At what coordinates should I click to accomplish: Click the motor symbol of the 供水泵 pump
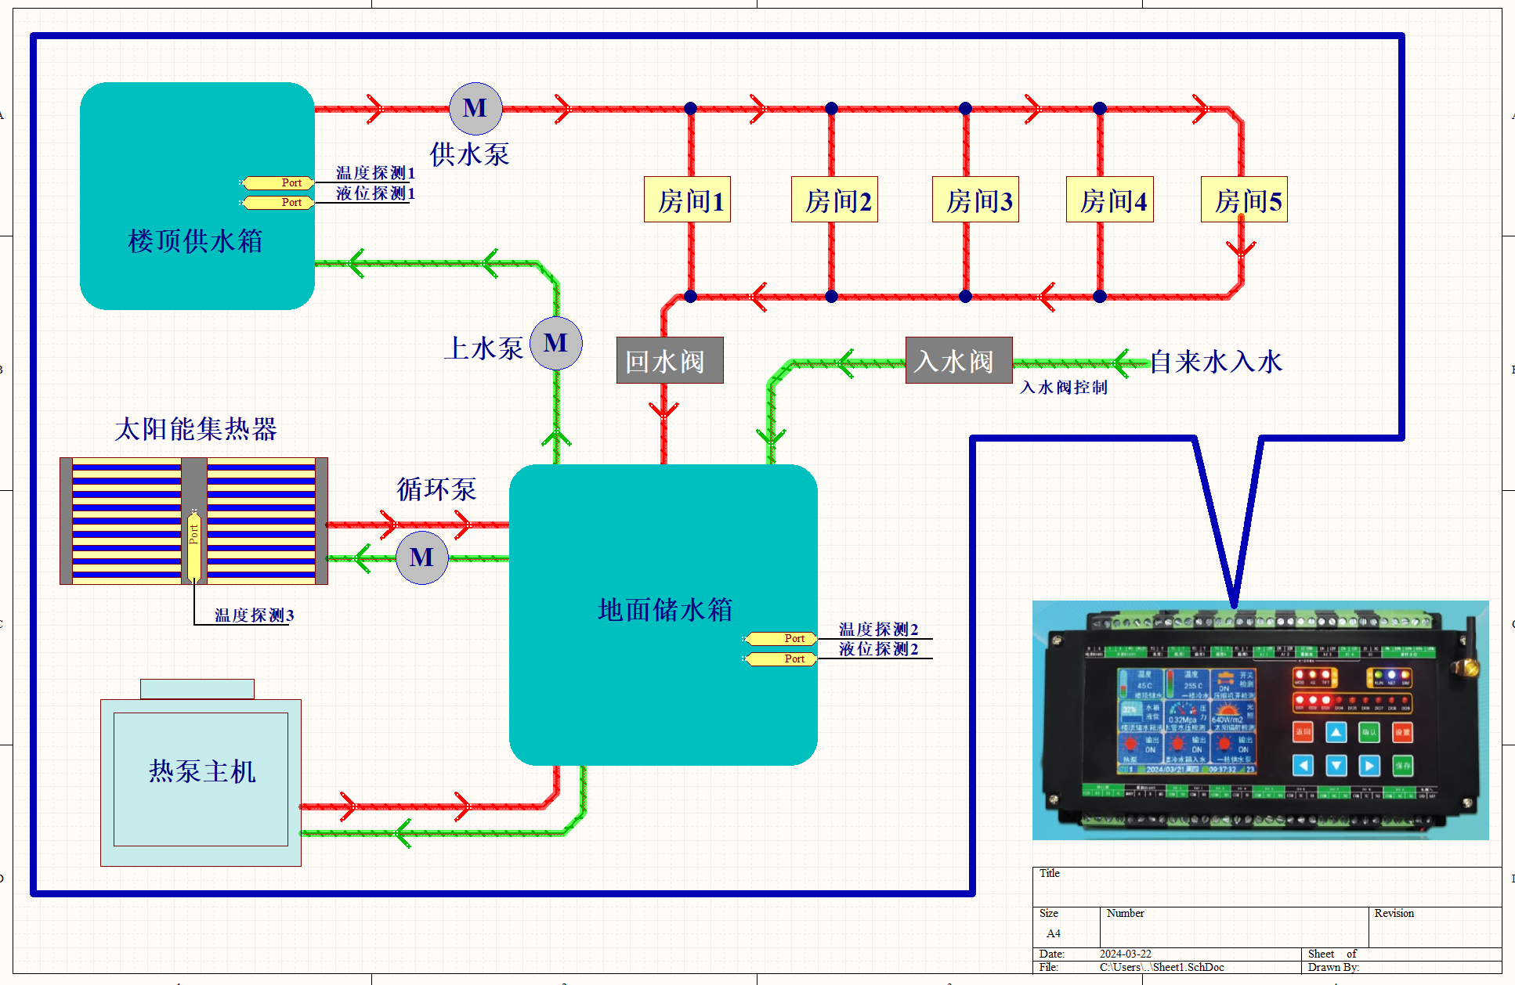(x=475, y=109)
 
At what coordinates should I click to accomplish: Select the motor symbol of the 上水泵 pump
(x=556, y=343)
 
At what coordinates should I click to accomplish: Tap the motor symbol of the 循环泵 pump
(x=421, y=557)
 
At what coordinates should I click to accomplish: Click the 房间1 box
(x=687, y=200)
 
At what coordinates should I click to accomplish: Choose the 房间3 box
(x=975, y=200)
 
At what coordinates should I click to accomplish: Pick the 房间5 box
(x=1244, y=200)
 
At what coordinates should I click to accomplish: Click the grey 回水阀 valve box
(x=670, y=360)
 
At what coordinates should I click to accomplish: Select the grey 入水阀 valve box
(x=959, y=360)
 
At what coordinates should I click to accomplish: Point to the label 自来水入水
(x=1216, y=362)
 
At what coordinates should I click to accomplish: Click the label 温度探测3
(x=254, y=615)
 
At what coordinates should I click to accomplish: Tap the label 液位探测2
(x=878, y=649)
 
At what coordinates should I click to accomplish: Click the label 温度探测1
(x=375, y=173)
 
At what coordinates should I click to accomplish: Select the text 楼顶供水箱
(x=195, y=241)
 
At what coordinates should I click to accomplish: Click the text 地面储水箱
(x=664, y=610)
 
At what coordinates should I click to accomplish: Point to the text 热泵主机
(x=202, y=771)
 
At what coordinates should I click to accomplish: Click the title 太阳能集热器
(x=196, y=429)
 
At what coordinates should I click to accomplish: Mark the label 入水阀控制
(x=1063, y=388)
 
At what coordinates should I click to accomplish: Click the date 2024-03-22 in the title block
(x=1125, y=954)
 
